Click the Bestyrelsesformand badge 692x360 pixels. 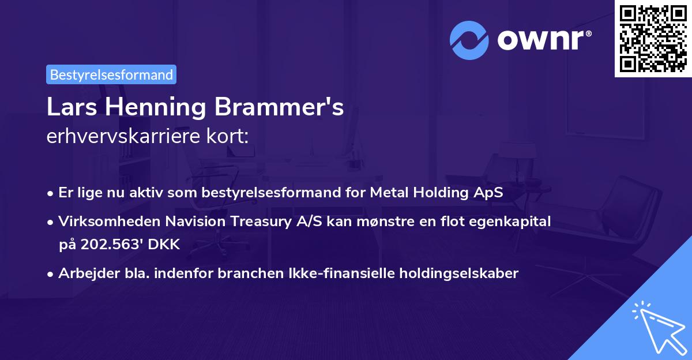[111, 74]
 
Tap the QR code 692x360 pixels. [653, 38]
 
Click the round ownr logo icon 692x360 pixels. [469, 40]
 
